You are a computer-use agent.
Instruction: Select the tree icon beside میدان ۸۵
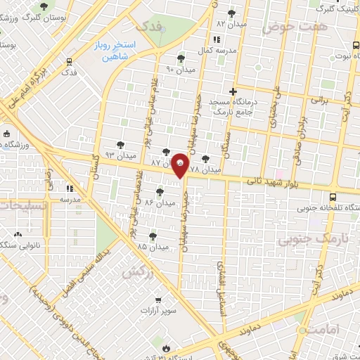point(153,236)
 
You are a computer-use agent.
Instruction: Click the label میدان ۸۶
point(159,202)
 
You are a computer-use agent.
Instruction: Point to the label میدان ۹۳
point(119,155)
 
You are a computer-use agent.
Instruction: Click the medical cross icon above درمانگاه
point(233,91)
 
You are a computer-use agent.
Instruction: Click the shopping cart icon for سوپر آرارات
point(158,298)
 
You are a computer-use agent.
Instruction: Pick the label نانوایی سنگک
point(20,245)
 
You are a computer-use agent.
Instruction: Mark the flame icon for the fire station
point(166,347)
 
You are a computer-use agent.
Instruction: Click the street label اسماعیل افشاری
point(219,271)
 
